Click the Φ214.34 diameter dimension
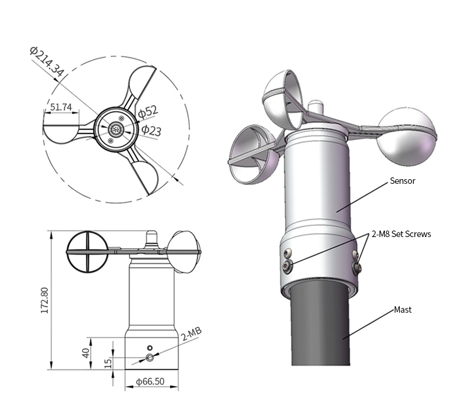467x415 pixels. click(x=47, y=61)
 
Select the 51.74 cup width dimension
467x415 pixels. click(x=60, y=107)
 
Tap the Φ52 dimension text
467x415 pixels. click(x=148, y=112)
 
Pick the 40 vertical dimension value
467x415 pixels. click(x=86, y=354)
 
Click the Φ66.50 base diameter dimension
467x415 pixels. click(x=150, y=382)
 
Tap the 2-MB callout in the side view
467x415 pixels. click(x=192, y=335)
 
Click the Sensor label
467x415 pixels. click(x=403, y=181)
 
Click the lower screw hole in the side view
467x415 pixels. click(x=150, y=358)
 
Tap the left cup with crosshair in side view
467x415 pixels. click(x=87, y=252)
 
